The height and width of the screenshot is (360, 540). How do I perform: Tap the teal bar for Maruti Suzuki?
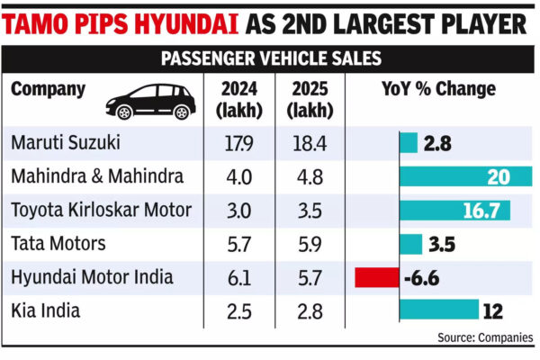[409, 142]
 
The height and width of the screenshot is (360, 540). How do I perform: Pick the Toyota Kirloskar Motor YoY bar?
[454, 211]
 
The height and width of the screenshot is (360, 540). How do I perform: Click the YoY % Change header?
[437, 90]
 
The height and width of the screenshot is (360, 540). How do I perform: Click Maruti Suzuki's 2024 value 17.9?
[240, 143]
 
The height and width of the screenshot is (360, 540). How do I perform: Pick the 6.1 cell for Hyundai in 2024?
[240, 278]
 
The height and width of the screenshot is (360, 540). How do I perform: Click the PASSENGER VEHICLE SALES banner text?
[269, 60]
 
